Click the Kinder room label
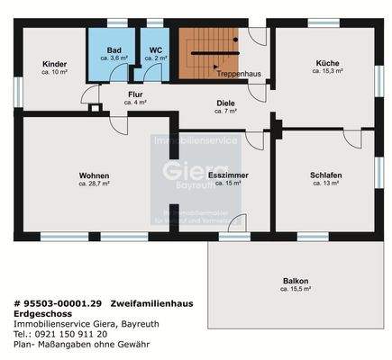tap(55, 64)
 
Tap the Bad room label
tap(114, 50)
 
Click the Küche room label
tap(326, 63)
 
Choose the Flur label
tap(135, 94)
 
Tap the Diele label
tap(225, 103)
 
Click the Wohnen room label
tap(94, 175)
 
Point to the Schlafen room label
tap(324, 175)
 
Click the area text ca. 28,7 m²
tap(94, 183)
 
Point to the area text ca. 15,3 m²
tap(326, 71)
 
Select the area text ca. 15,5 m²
tap(295, 290)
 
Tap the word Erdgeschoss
tap(41, 314)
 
